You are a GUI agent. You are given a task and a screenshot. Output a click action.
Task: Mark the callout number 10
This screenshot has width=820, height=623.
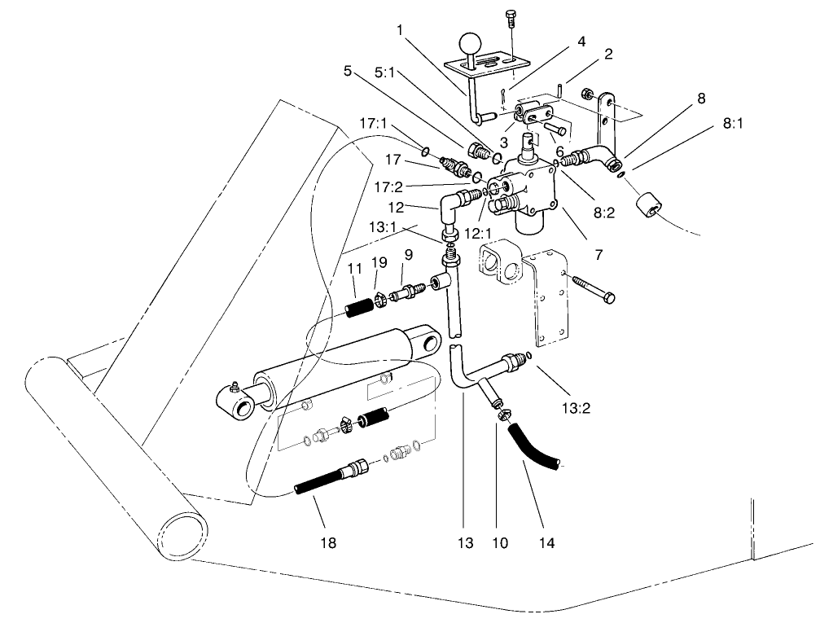coord(497,542)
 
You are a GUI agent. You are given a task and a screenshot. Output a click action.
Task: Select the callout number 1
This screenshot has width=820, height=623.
coord(401,31)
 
